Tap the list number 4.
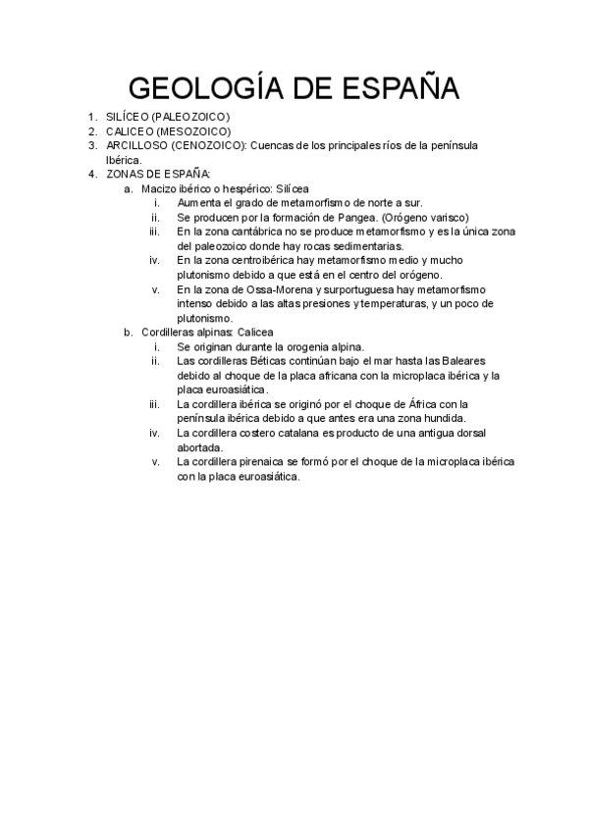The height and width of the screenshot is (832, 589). tap(91, 174)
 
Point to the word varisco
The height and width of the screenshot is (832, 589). tap(449, 217)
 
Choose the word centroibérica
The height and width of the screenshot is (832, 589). tap(254, 260)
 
